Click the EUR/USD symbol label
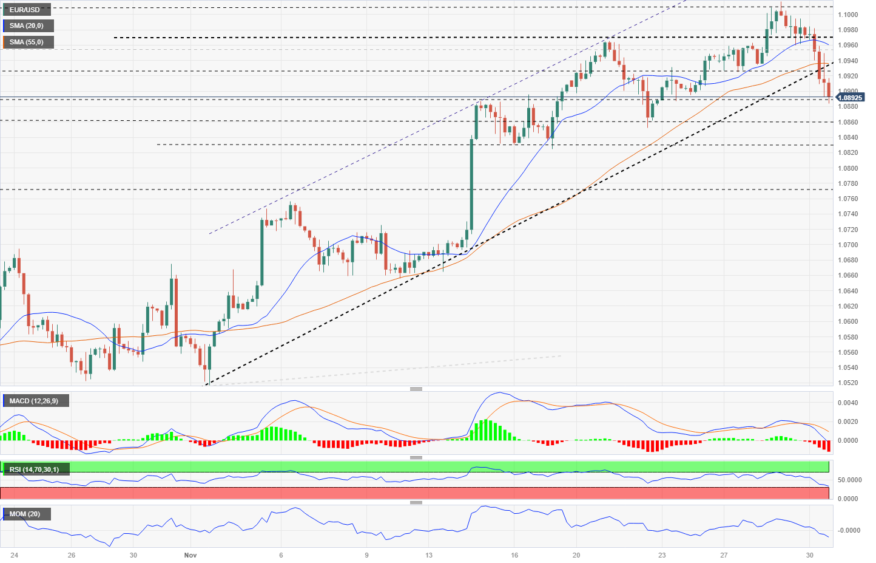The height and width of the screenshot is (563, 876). [x=25, y=10]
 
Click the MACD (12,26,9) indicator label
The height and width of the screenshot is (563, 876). [x=34, y=401]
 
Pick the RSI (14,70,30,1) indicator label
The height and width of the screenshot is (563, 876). [x=35, y=469]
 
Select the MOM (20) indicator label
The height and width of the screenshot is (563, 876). [x=25, y=514]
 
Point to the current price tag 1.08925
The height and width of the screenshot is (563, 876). [x=851, y=98]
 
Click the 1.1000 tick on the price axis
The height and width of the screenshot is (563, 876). [x=847, y=15]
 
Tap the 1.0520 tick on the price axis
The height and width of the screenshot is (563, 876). [x=847, y=383]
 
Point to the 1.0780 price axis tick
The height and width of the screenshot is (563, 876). [x=847, y=183]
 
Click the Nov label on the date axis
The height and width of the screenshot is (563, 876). [x=190, y=555]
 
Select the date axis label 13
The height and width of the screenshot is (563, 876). [x=429, y=555]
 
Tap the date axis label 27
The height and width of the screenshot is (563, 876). [x=724, y=555]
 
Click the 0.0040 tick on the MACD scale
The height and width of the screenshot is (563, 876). [x=847, y=403]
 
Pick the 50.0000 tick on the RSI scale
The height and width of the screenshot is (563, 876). [x=849, y=480]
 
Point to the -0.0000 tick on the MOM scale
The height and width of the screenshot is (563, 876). [x=849, y=530]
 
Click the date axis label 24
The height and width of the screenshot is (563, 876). [x=14, y=555]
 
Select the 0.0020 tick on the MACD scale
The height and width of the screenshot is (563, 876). [x=847, y=421]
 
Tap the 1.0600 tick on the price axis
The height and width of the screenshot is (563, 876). [x=847, y=321]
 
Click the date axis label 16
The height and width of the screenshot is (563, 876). [x=514, y=555]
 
